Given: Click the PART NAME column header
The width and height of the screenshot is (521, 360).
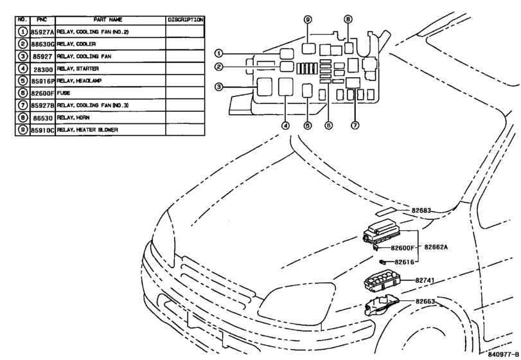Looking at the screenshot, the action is point(108,20).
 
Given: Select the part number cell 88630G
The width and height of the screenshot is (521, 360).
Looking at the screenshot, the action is point(42,44).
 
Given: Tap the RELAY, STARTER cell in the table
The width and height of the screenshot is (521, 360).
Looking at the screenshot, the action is point(78,69).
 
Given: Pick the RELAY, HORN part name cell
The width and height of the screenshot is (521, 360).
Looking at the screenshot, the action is point(73,118).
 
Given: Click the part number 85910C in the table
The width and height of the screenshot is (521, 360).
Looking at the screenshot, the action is point(42,130).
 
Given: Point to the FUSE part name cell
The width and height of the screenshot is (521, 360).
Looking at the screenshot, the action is point(64,93).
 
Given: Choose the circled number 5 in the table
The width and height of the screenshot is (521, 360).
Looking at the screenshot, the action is point(22,81).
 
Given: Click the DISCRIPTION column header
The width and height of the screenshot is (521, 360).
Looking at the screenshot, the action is point(186,20).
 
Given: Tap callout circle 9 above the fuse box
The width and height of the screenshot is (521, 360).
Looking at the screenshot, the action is point(308,20).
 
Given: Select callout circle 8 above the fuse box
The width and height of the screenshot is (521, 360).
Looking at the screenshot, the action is point(348,19).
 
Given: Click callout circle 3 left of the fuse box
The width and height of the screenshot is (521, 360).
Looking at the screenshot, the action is point(218,87).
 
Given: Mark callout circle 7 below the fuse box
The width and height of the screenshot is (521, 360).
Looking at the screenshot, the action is point(355,125).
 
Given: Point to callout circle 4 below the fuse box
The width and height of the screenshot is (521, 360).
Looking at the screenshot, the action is point(285,125).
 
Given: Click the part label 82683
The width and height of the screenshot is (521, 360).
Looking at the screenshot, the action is point(421,210).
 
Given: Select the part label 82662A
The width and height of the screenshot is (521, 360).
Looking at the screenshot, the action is point(436,247).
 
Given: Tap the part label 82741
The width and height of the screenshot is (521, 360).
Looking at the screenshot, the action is point(425,280).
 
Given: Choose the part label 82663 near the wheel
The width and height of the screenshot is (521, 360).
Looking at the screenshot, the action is point(425,301).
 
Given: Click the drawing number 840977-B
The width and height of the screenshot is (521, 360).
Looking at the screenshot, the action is point(503,354).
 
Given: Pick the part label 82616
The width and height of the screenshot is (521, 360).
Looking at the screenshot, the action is point(404,262).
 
